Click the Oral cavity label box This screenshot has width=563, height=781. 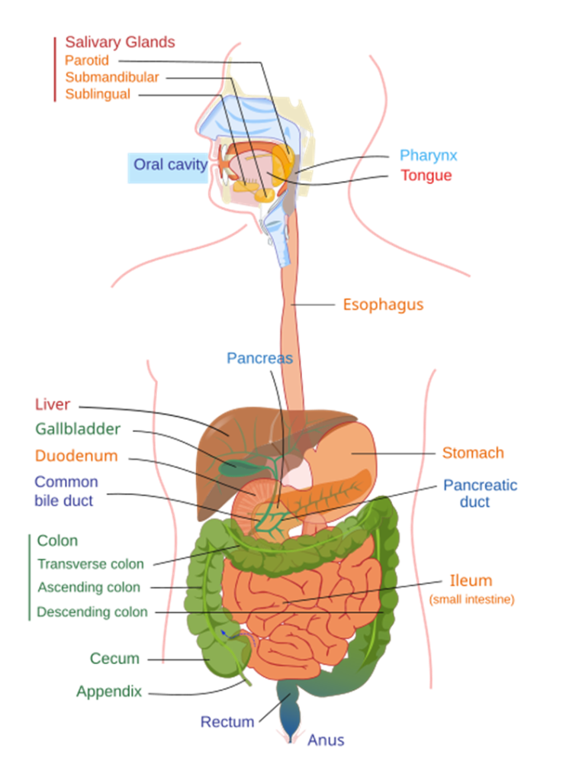[167, 165]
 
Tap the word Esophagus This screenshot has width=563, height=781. [383, 305]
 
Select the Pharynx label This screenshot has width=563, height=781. [429, 156]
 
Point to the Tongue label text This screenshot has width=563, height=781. [426, 176]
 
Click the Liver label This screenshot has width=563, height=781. [53, 405]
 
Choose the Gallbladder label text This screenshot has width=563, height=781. [78, 429]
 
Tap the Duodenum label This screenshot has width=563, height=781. [76, 456]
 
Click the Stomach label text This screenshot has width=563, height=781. [473, 453]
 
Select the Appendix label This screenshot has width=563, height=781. [109, 692]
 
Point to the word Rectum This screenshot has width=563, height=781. [227, 721]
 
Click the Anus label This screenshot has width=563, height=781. [326, 741]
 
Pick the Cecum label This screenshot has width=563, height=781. [114, 658]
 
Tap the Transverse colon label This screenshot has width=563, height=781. [91, 565]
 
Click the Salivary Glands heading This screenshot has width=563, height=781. [120, 42]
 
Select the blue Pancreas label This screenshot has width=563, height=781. [259, 357]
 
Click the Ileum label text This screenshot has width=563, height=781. [471, 580]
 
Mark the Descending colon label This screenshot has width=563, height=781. [92, 612]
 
